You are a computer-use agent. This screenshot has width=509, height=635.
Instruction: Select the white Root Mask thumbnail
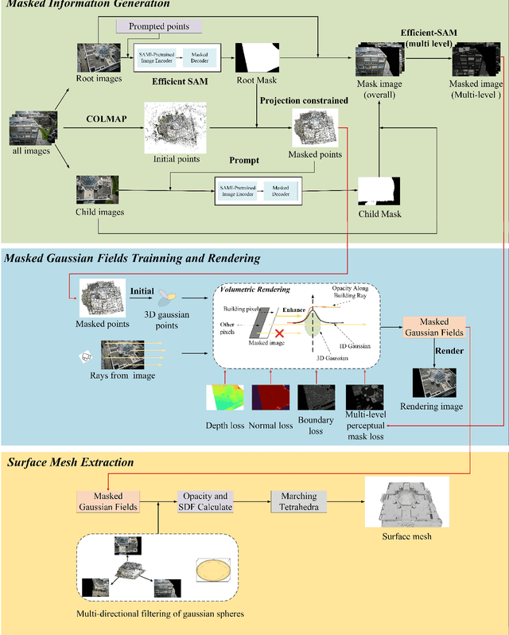coord(258,59)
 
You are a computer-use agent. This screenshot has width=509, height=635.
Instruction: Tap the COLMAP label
coord(107,119)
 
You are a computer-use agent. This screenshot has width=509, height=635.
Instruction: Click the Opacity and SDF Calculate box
coord(206,502)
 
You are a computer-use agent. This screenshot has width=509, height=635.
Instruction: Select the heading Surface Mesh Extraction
coord(70,462)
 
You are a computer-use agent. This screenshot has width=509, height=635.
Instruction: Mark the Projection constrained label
coord(303,100)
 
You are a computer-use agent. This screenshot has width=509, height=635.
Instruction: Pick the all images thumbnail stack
coord(30,131)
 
